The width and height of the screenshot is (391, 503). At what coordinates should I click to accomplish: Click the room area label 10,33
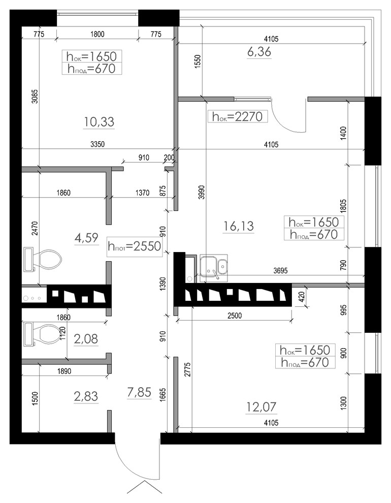99,122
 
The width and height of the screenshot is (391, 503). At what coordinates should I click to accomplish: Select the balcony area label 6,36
259,52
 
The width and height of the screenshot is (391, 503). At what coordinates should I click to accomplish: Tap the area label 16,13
239,226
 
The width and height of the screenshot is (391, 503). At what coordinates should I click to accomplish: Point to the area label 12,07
261,407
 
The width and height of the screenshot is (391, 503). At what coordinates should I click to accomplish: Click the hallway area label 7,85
139,392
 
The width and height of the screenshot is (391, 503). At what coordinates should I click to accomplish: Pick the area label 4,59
86,238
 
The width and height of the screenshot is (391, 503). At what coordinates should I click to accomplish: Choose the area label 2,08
86,339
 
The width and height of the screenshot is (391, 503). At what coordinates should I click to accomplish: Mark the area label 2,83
86,396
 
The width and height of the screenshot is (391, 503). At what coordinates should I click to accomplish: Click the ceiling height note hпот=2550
134,246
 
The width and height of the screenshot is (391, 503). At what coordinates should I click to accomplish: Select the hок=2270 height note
238,116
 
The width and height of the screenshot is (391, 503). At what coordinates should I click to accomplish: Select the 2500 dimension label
235,316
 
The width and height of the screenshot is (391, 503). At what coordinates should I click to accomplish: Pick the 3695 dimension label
280,271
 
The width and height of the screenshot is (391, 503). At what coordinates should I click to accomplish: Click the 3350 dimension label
97,144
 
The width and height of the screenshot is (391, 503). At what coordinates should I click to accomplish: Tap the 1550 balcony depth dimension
197,60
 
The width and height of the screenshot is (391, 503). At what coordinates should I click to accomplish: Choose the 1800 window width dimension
97,34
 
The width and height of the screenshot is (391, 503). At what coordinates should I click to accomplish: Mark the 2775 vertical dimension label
187,369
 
